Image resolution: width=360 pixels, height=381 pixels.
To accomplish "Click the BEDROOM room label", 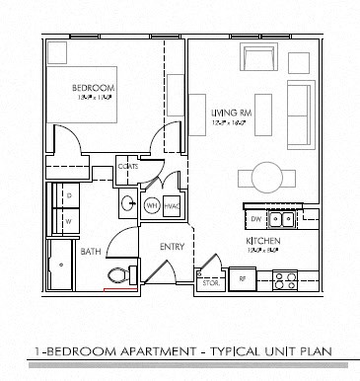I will point(95,88).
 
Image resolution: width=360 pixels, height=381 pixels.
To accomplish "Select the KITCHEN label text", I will point(263,241).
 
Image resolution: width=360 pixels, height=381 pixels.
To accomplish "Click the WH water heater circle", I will point(152,203).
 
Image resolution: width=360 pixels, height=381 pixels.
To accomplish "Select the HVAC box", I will point(170,203).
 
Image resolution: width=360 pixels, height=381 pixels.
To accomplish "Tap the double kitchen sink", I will point(283,219).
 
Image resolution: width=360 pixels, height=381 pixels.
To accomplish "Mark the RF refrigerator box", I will point(241,280).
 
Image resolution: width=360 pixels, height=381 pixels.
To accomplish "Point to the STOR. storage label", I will point(211,283).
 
